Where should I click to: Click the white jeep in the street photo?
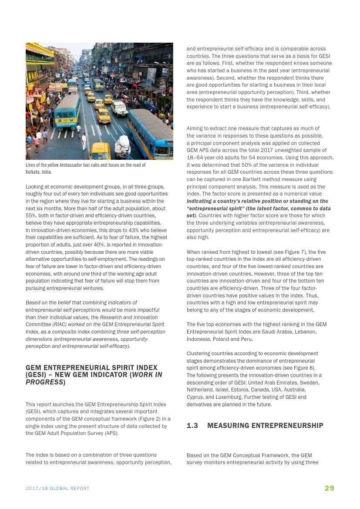(x=120, y=108)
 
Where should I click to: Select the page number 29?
(x=329, y=488)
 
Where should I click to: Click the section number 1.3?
(x=192, y=425)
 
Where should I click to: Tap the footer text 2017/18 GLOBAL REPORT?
(x=57, y=489)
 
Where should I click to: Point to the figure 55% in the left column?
(x=31, y=216)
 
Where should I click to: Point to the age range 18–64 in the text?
(x=195, y=158)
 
